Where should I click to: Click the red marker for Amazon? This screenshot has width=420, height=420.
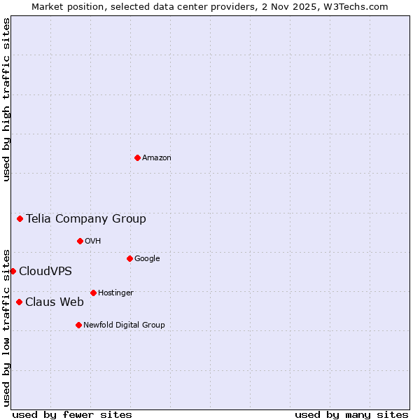point(137,157)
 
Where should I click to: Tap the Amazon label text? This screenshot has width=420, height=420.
point(157,158)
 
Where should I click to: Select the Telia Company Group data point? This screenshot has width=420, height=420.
point(20,218)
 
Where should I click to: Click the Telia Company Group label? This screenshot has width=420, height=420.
point(86,219)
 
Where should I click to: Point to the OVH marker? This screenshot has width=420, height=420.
point(80,241)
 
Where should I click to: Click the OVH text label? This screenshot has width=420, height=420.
point(93,241)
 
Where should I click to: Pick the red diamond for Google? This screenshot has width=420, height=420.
point(129,258)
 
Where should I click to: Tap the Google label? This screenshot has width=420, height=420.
point(147,259)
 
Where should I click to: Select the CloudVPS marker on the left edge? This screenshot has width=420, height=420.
point(13,271)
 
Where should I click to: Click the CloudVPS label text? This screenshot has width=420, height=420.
point(45,272)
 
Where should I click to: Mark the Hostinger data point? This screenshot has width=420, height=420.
point(93,293)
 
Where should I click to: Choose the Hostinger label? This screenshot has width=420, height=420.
point(115,293)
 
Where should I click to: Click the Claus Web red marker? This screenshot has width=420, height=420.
point(19,302)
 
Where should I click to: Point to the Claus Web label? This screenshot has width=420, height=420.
point(55,302)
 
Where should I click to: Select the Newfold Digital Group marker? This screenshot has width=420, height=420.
point(78,325)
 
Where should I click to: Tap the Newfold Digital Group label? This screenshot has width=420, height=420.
point(124,325)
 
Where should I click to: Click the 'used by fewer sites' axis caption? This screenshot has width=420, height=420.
point(72,415)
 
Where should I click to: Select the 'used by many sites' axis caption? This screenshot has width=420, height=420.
point(351,415)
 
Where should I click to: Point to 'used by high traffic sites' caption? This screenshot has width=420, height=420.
point(6,100)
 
